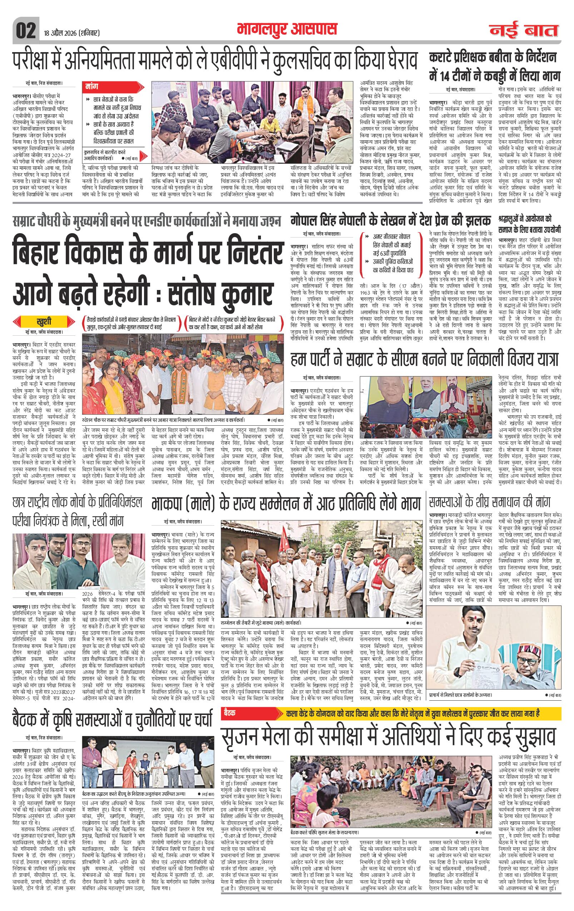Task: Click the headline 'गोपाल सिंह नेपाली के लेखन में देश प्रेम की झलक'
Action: pos(390,220)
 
